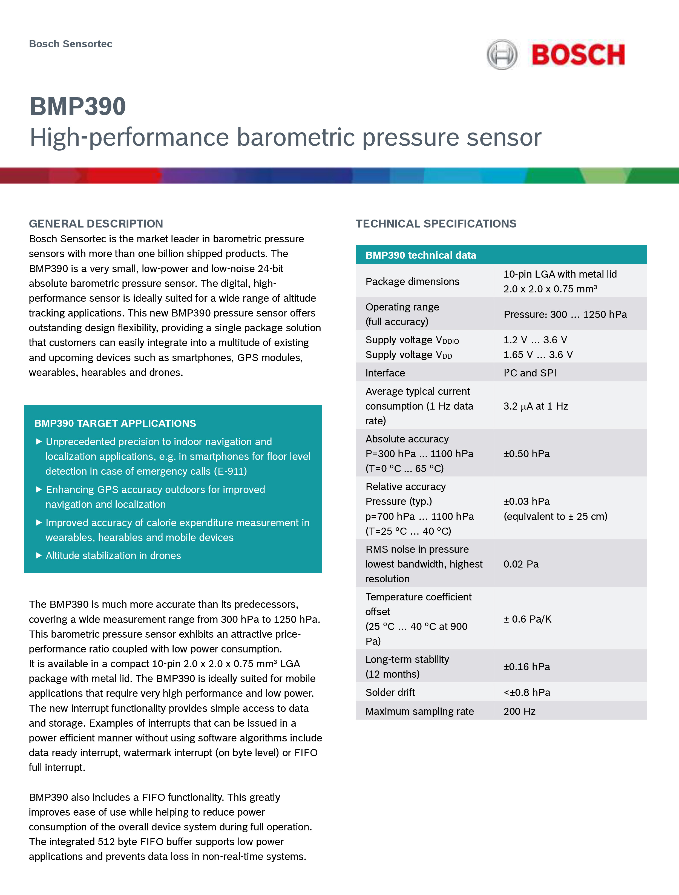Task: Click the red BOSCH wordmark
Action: point(578,55)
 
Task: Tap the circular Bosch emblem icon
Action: point(502,55)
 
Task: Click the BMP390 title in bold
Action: point(78,107)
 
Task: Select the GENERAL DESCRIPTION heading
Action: point(96,223)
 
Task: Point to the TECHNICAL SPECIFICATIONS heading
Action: point(436,223)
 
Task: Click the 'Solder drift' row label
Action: point(390,692)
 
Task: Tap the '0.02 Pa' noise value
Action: point(521,564)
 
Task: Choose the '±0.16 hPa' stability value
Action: point(526,666)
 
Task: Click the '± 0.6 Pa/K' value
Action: point(527,619)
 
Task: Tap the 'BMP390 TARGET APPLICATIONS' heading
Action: point(115,423)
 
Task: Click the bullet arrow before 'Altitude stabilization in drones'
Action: point(39,556)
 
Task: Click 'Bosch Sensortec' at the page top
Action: point(70,44)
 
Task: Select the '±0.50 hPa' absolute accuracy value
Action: point(526,454)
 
